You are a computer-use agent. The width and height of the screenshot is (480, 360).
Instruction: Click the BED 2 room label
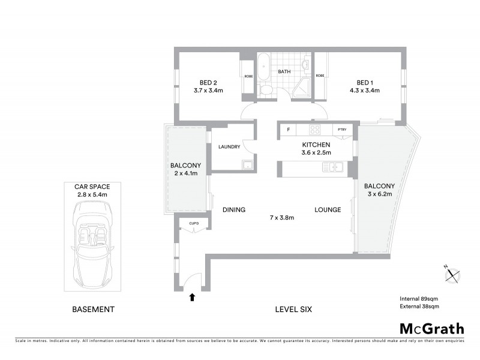pyautogui.click(x=208, y=83)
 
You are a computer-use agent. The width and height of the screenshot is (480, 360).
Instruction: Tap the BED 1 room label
pyautogui.click(x=364, y=83)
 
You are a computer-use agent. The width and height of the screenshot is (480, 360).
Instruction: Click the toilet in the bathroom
pyautogui.click(x=266, y=90)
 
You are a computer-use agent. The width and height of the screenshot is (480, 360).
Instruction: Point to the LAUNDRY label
pyautogui.click(x=229, y=147)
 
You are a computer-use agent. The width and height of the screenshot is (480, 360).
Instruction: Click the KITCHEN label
pyautogui.click(x=316, y=145)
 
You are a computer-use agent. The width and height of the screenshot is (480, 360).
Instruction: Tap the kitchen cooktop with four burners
pyautogui.click(x=316, y=130)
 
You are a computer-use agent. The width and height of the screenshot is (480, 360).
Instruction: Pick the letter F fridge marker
pyautogui.click(x=288, y=130)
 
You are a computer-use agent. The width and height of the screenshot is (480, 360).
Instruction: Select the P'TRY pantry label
pyautogui.click(x=342, y=130)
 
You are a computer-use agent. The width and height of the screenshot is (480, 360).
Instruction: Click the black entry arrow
pyautogui.click(x=193, y=296)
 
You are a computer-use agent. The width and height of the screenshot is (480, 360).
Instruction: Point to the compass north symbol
pyautogui.click(x=451, y=275)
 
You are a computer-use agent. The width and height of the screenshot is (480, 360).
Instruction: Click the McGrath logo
pyautogui.click(x=431, y=328)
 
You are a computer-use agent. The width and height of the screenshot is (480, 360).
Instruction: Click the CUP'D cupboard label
pyautogui.click(x=194, y=224)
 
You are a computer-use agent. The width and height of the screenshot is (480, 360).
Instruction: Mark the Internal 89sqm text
pyautogui.click(x=419, y=298)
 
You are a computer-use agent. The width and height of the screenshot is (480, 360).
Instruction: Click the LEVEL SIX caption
pyautogui.click(x=293, y=310)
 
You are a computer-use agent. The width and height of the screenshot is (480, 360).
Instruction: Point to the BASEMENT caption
pyautogui.click(x=93, y=310)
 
